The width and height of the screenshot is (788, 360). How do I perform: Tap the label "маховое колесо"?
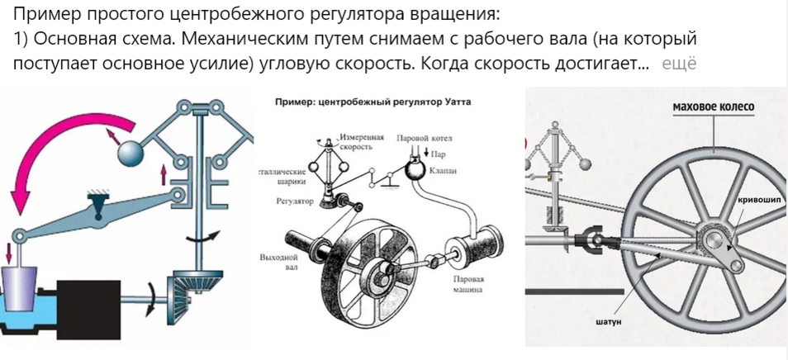714,107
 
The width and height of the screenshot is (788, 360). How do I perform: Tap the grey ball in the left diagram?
131,154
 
